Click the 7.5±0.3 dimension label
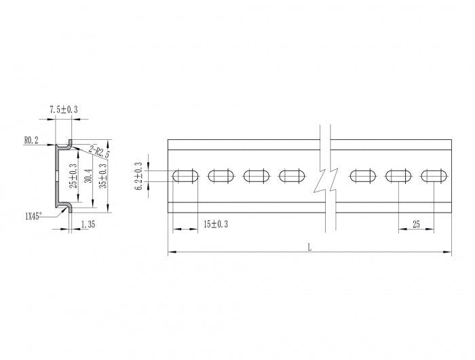(x=64, y=109)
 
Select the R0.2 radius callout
(x=31, y=140)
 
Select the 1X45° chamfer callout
(x=33, y=215)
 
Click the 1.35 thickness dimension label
(x=88, y=223)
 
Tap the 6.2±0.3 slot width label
(x=139, y=176)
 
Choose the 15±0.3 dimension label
(x=216, y=223)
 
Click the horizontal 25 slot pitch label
(x=416, y=223)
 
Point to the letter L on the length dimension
(x=309, y=247)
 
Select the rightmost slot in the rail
(x=434, y=177)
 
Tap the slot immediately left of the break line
(x=292, y=177)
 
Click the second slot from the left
(x=221, y=177)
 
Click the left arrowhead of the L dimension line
(x=170, y=253)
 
